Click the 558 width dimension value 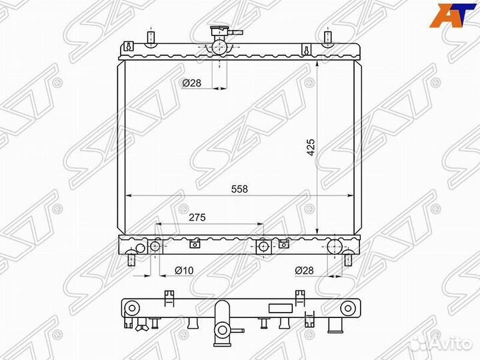click(x=239, y=189)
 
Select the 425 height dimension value click(x=311, y=147)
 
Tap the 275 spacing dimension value click(x=197, y=217)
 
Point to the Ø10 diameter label click(x=184, y=270)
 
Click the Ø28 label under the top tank click(x=192, y=83)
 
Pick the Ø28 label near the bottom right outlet click(x=304, y=270)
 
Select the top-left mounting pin click(x=151, y=37)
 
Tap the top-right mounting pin click(x=327, y=37)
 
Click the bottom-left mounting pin click(x=131, y=259)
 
